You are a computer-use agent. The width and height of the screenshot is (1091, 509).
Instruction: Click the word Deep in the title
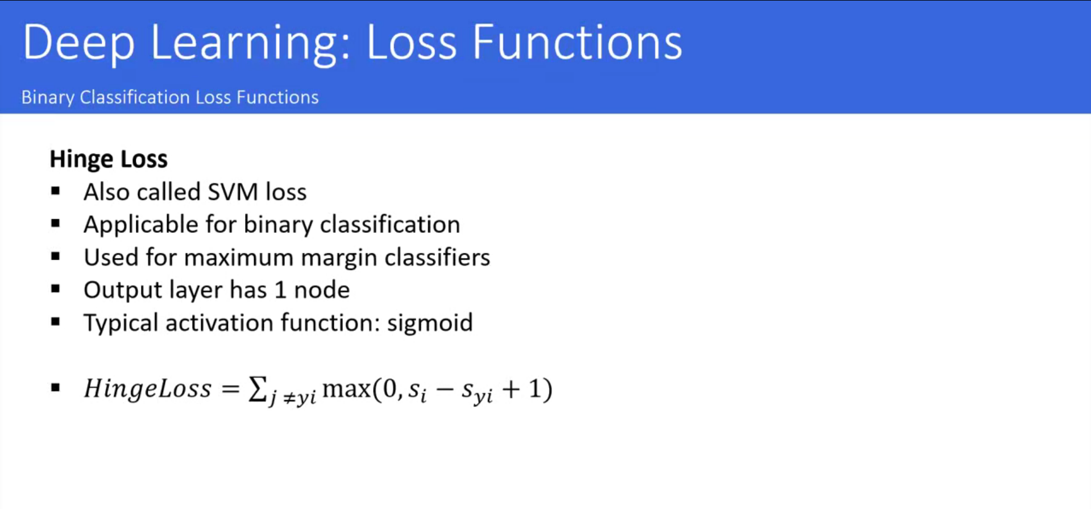(78, 43)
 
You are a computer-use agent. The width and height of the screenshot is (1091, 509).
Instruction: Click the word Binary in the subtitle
(48, 98)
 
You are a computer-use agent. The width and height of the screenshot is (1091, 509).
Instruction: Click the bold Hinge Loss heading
(109, 159)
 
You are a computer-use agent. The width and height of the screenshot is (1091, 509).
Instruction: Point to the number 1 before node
(280, 290)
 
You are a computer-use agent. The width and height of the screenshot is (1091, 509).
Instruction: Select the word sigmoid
(430, 324)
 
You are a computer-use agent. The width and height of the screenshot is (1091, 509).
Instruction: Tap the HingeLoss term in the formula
(147, 389)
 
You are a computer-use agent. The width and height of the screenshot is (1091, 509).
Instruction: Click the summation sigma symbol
(258, 390)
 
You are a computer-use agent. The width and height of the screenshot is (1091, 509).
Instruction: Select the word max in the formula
(346, 390)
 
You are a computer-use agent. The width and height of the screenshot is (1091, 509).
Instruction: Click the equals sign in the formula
(230, 389)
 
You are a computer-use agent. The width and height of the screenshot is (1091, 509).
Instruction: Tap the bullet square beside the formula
(55, 388)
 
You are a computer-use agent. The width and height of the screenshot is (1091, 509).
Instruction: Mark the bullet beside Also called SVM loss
(55, 191)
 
